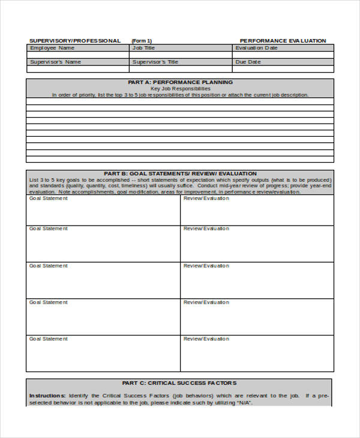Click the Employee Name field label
(x=52, y=48)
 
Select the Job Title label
(x=143, y=48)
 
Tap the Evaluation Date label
(x=257, y=48)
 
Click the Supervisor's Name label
(x=55, y=62)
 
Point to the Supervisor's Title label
(x=155, y=62)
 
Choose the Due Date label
(x=248, y=62)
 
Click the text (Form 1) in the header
(x=142, y=41)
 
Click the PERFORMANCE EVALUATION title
(x=283, y=41)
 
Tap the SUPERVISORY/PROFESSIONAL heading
(x=75, y=41)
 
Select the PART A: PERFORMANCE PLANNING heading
(x=180, y=82)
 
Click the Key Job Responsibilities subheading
(x=180, y=88)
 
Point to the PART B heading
(x=180, y=173)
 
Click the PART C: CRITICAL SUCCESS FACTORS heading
(x=179, y=383)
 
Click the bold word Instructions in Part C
(x=47, y=395)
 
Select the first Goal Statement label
(x=49, y=199)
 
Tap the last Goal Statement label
(x=49, y=339)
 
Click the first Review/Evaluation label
(x=206, y=199)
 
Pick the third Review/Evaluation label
(x=206, y=266)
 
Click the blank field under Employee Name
(x=77, y=55)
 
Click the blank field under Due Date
(x=283, y=69)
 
